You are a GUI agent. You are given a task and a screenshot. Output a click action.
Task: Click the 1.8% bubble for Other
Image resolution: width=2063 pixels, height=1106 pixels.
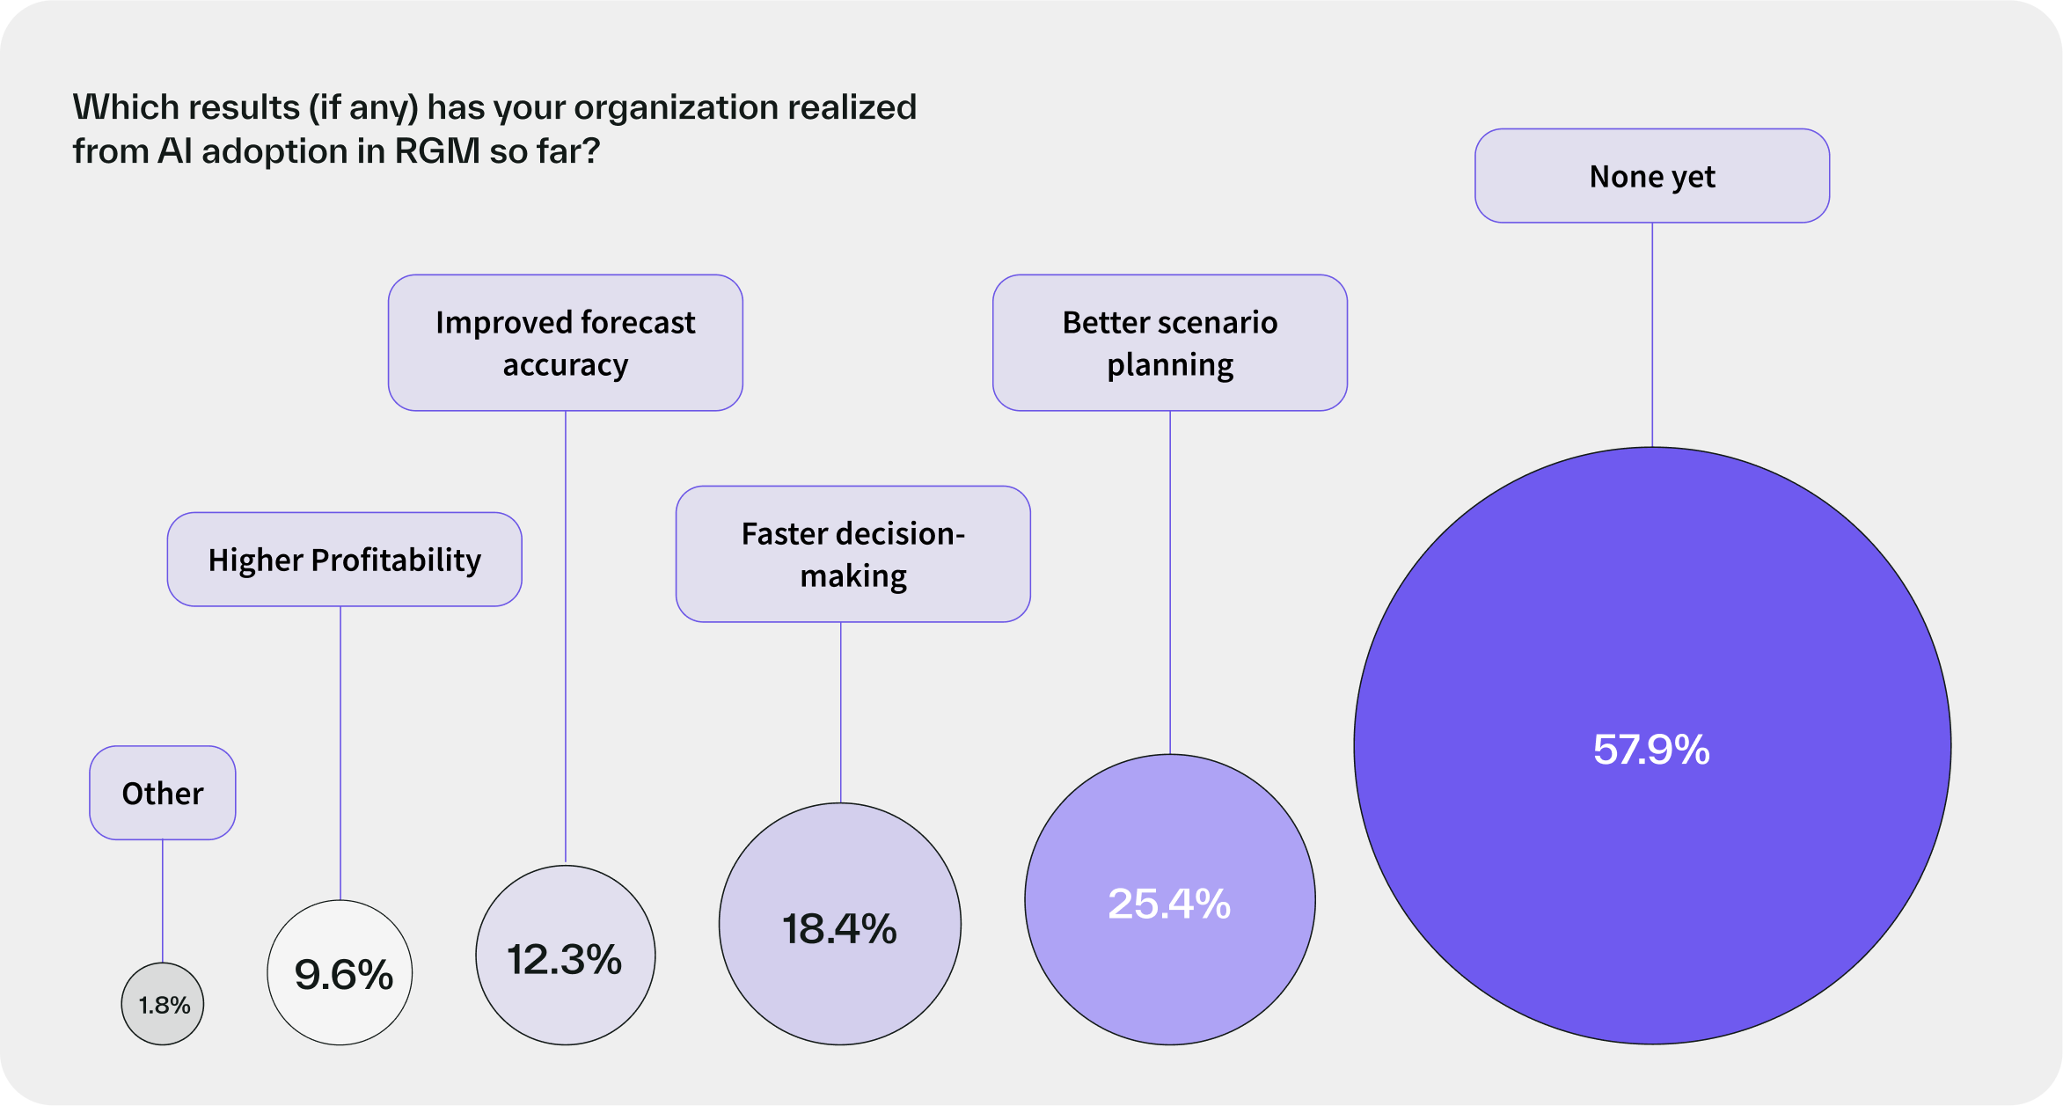tap(163, 1004)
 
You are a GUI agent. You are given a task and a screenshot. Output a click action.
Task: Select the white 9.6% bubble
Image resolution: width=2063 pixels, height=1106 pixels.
tap(340, 973)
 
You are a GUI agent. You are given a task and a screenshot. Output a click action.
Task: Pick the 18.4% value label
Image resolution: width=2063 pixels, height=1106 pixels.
tap(840, 928)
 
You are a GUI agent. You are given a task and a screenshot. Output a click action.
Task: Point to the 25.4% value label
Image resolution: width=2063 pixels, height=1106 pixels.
tap(1169, 904)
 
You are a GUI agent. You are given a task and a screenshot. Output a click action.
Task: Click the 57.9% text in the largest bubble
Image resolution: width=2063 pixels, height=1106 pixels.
tap(1651, 750)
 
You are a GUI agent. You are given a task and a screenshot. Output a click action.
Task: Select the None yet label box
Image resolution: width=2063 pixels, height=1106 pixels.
tap(1652, 176)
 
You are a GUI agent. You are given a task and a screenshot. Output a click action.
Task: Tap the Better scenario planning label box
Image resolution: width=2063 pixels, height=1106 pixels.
tap(1170, 343)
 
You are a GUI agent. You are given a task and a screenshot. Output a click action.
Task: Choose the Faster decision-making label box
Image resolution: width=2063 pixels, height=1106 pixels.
tap(852, 554)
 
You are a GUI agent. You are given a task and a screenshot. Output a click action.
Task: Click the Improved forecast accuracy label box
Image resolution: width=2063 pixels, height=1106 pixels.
tap(566, 343)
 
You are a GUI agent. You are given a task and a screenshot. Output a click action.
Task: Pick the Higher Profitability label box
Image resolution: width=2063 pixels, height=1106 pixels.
tap(344, 560)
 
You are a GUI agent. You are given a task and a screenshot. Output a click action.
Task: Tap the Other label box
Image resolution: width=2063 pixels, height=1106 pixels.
tap(163, 793)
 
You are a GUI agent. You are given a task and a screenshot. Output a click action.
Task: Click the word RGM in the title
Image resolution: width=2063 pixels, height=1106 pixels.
tap(437, 151)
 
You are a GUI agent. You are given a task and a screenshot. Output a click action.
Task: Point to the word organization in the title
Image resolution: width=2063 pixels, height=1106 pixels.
tap(676, 107)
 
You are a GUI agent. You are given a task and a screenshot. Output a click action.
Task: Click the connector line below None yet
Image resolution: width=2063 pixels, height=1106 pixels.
tap(1652, 334)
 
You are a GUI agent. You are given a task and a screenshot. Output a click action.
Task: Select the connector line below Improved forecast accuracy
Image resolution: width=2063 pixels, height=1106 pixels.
tap(566, 634)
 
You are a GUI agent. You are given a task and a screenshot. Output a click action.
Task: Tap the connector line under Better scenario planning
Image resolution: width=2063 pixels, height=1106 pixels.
tap(1170, 581)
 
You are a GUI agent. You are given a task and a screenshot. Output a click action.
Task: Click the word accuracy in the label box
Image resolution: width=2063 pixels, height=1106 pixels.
tap(566, 364)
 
